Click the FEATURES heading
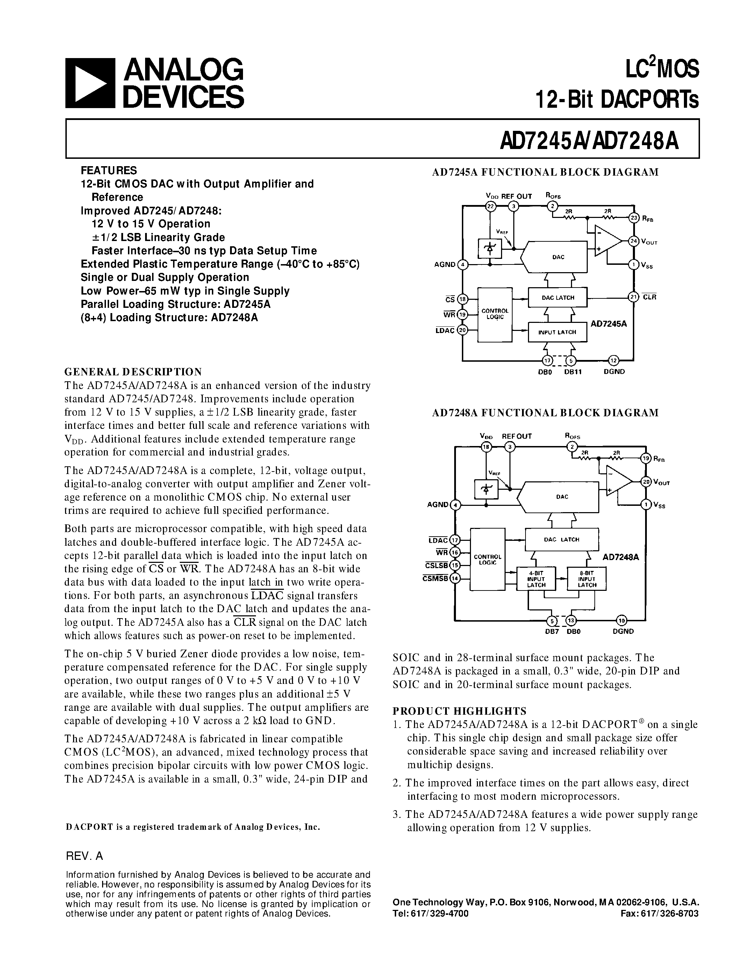click(x=109, y=170)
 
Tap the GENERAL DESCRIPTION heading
click(x=133, y=371)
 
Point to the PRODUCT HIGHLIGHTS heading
click(x=459, y=711)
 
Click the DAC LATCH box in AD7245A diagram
click(x=558, y=298)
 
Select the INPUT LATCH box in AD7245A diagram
click(x=557, y=332)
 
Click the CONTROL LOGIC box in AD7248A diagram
click(x=487, y=559)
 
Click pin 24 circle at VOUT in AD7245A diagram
click(x=634, y=241)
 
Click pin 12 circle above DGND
click(x=614, y=360)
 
